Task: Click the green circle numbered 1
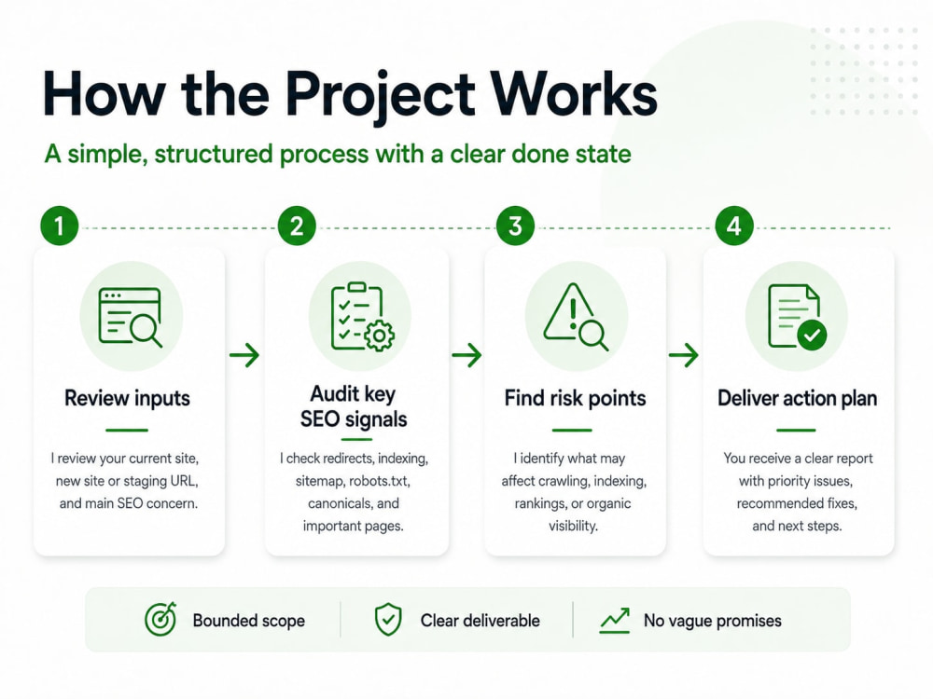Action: pyautogui.click(x=60, y=226)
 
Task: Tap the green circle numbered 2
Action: pyautogui.click(x=297, y=226)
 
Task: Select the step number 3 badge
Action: pyautogui.click(x=515, y=226)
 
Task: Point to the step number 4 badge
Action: pyautogui.click(x=734, y=226)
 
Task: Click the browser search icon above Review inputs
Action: pyautogui.click(x=131, y=317)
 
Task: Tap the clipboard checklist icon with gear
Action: pyautogui.click(x=362, y=317)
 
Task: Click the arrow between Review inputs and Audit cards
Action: pyautogui.click(x=244, y=355)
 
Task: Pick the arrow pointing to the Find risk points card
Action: pyautogui.click(x=466, y=355)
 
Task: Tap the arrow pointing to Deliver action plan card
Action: pyautogui.click(x=684, y=355)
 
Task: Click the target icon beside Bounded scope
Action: pyautogui.click(x=160, y=620)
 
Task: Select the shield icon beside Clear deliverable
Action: pyautogui.click(x=388, y=620)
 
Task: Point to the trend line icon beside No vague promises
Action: pyautogui.click(x=615, y=621)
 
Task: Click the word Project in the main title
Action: pyautogui.click(x=381, y=95)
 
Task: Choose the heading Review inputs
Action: pyautogui.click(x=127, y=398)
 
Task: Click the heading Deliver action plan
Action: pyautogui.click(x=798, y=398)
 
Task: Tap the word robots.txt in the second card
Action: pyautogui.click(x=379, y=480)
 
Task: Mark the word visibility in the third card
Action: pyautogui.click(x=573, y=526)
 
